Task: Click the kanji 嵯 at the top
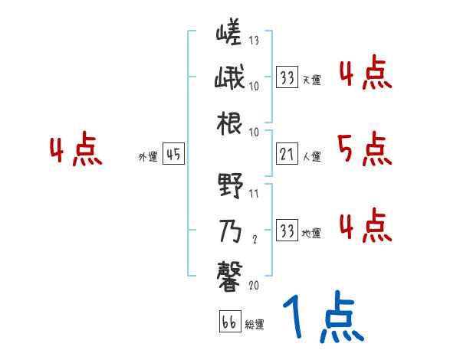pos(229,35)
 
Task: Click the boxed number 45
pos(173,155)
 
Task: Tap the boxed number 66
pos(229,322)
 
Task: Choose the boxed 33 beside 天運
pos(287,77)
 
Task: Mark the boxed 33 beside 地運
pos(287,230)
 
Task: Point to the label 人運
pos(312,157)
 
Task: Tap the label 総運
pos(255,325)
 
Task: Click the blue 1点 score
pos(322,319)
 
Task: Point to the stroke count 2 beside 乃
pos(253,238)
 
